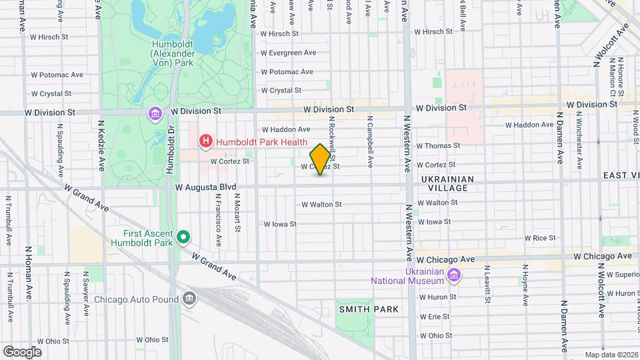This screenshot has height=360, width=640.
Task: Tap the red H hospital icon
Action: tap(206, 141)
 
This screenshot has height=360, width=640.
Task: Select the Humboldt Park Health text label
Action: tap(261, 141)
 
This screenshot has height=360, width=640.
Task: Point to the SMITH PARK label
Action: tap(369, 309)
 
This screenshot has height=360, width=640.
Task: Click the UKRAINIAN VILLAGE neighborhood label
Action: tap(447, 184)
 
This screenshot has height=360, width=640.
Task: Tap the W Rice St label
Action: tap(540, 238)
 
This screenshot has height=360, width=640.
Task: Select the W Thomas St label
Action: tap(438, 145)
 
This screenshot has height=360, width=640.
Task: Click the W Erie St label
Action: tap(434, 317)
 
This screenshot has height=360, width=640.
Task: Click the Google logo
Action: tap(22, 352)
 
